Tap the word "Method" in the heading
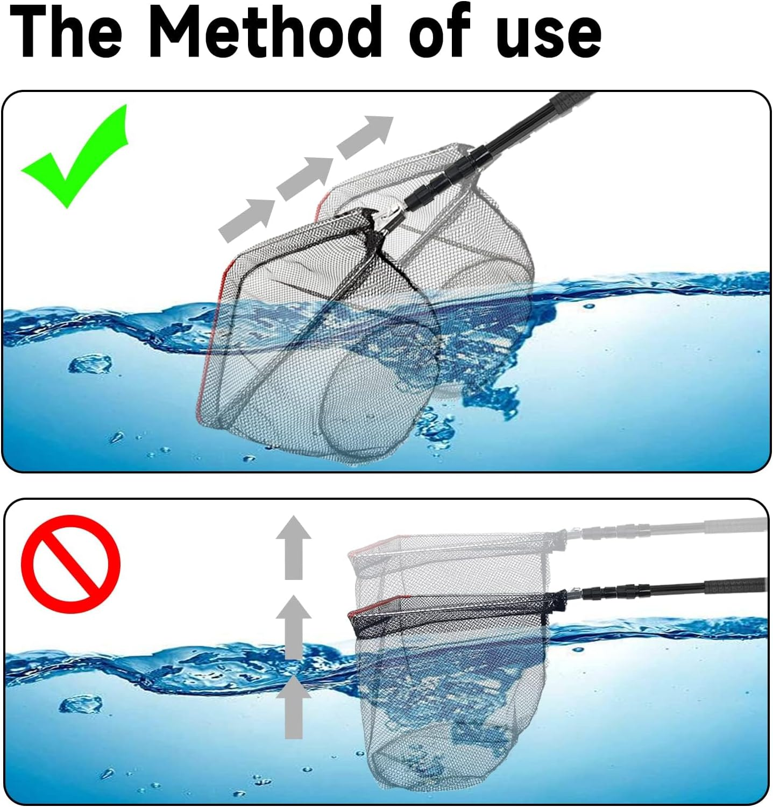point(264,33)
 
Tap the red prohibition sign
point(70,564)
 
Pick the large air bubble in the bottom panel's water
point(81,704)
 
